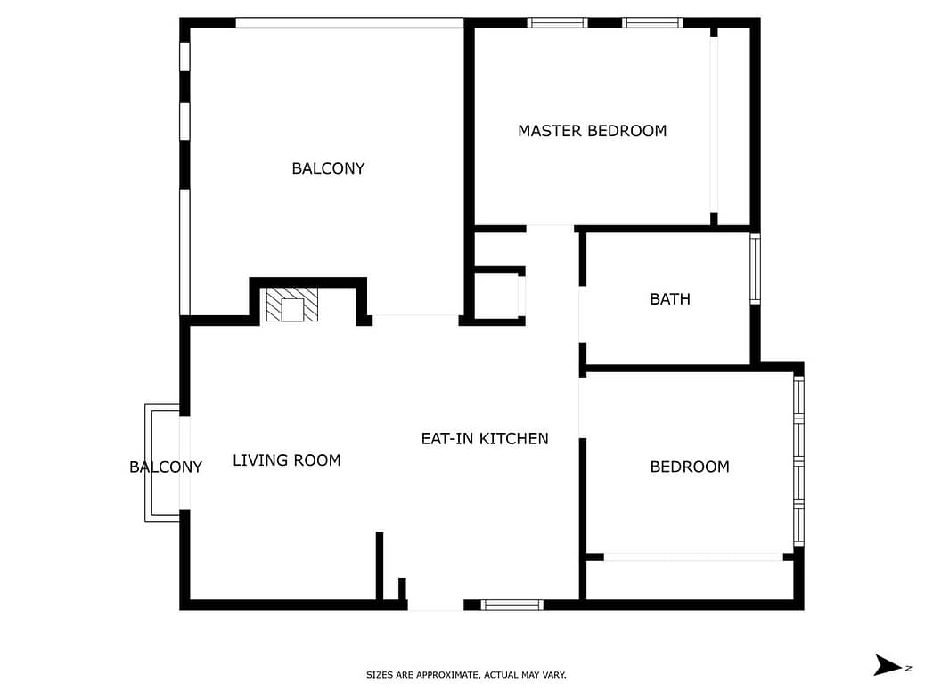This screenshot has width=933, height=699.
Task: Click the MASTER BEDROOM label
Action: [592, 131]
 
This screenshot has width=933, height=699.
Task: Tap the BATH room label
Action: [670, 299]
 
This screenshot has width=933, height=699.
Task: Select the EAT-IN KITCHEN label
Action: [485, 439]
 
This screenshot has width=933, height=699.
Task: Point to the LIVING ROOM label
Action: [287, 460]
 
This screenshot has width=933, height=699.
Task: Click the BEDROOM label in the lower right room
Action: [690, 467]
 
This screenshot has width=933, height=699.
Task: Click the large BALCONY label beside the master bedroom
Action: [328, 168]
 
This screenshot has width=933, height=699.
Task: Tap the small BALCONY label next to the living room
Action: [166, 467]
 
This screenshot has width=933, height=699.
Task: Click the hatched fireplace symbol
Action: [292, 305]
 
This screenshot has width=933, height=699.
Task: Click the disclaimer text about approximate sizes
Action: [466, 675]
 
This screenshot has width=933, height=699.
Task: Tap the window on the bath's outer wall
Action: [755, 269]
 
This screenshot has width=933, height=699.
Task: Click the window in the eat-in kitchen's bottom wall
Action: [512, 606]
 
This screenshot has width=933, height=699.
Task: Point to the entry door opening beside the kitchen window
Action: [436, 606]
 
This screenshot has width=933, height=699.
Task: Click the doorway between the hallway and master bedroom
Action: [551, 229]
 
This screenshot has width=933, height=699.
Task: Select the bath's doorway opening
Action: [582, 314]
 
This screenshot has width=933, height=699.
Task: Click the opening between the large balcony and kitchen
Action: [415, 320]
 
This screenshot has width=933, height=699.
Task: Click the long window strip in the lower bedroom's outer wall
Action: [799, 460]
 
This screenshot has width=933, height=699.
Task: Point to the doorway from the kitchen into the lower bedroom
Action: [582, 408]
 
